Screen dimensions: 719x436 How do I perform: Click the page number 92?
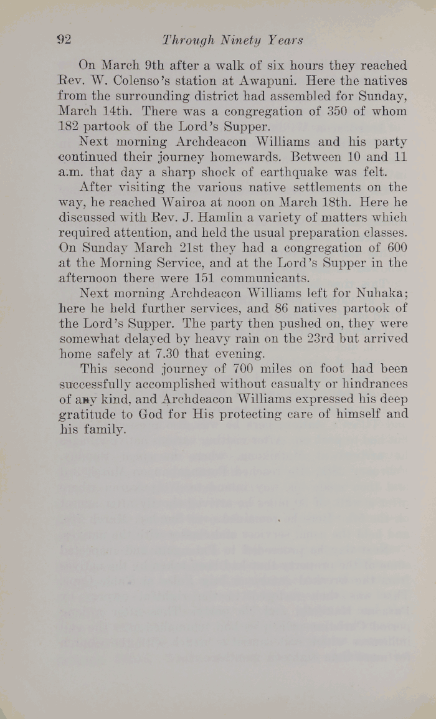click(x=65, y=40)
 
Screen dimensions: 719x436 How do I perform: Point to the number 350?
click(x=326, y=112)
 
